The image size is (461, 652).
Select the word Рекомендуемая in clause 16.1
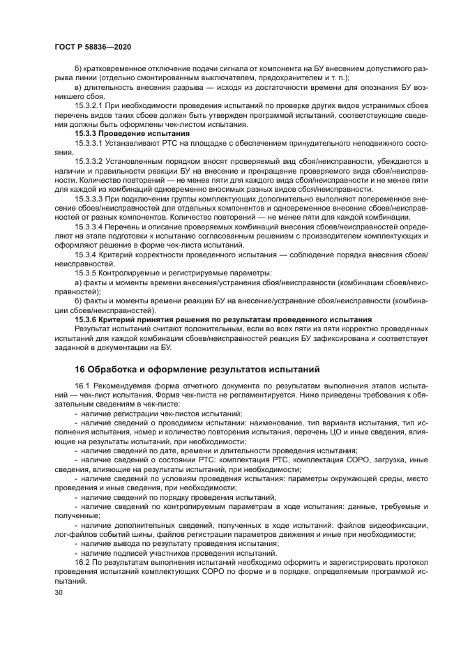click(125, 386)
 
